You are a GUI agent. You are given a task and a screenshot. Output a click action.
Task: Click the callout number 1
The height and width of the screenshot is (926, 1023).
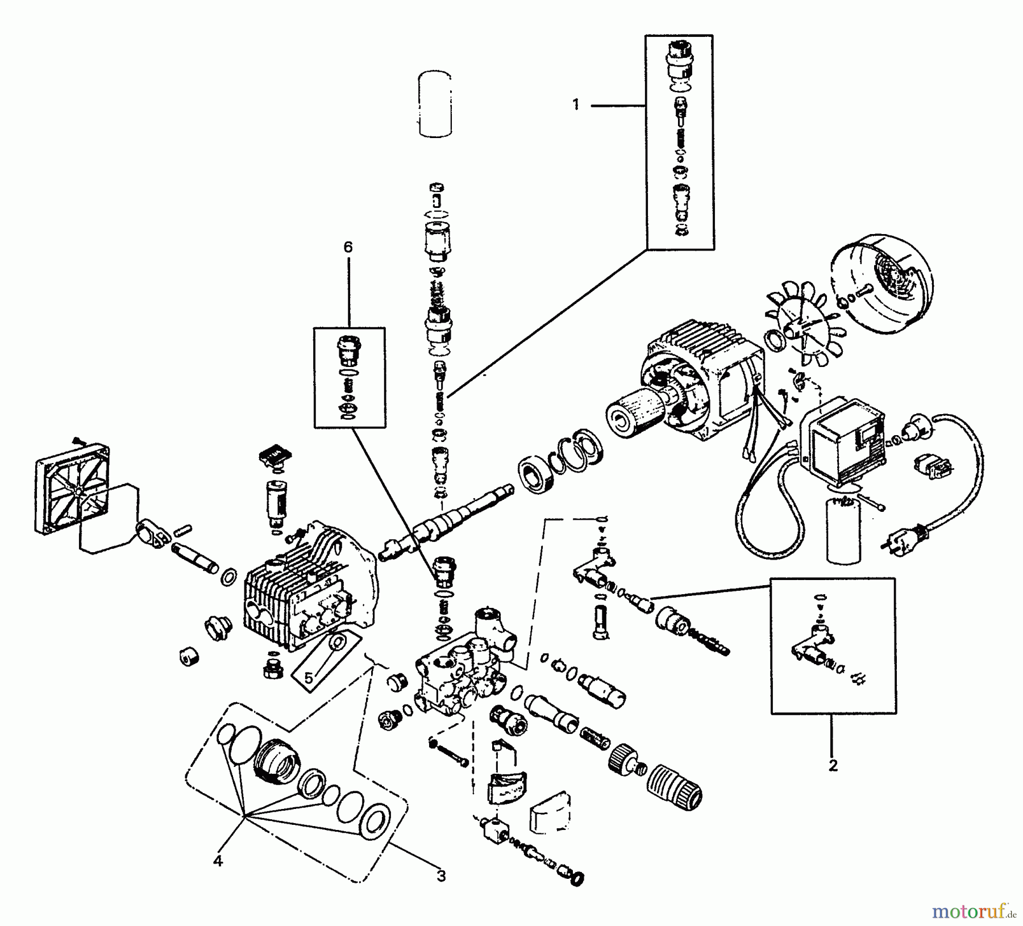click(x=576, y=105)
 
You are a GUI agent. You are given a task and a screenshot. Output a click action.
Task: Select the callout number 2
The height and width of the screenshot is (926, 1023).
click(x=833, y=765)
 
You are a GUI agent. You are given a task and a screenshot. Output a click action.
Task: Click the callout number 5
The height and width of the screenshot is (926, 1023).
click(x=309, y=678)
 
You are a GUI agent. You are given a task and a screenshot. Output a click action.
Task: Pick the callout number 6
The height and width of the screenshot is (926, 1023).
click(x=348, y=247)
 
